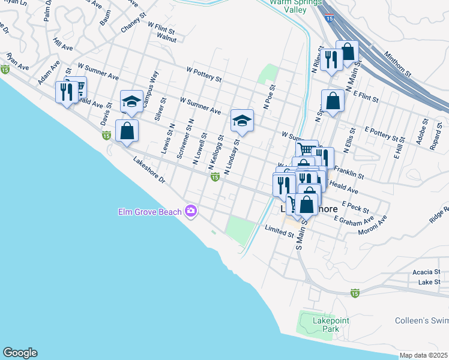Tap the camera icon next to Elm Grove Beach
point(191,211)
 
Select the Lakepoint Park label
point(331,325)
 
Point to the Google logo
point(20,353)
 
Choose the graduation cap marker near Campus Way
point(131,101)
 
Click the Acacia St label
point(426,272)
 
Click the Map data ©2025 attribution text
point(424,355)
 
